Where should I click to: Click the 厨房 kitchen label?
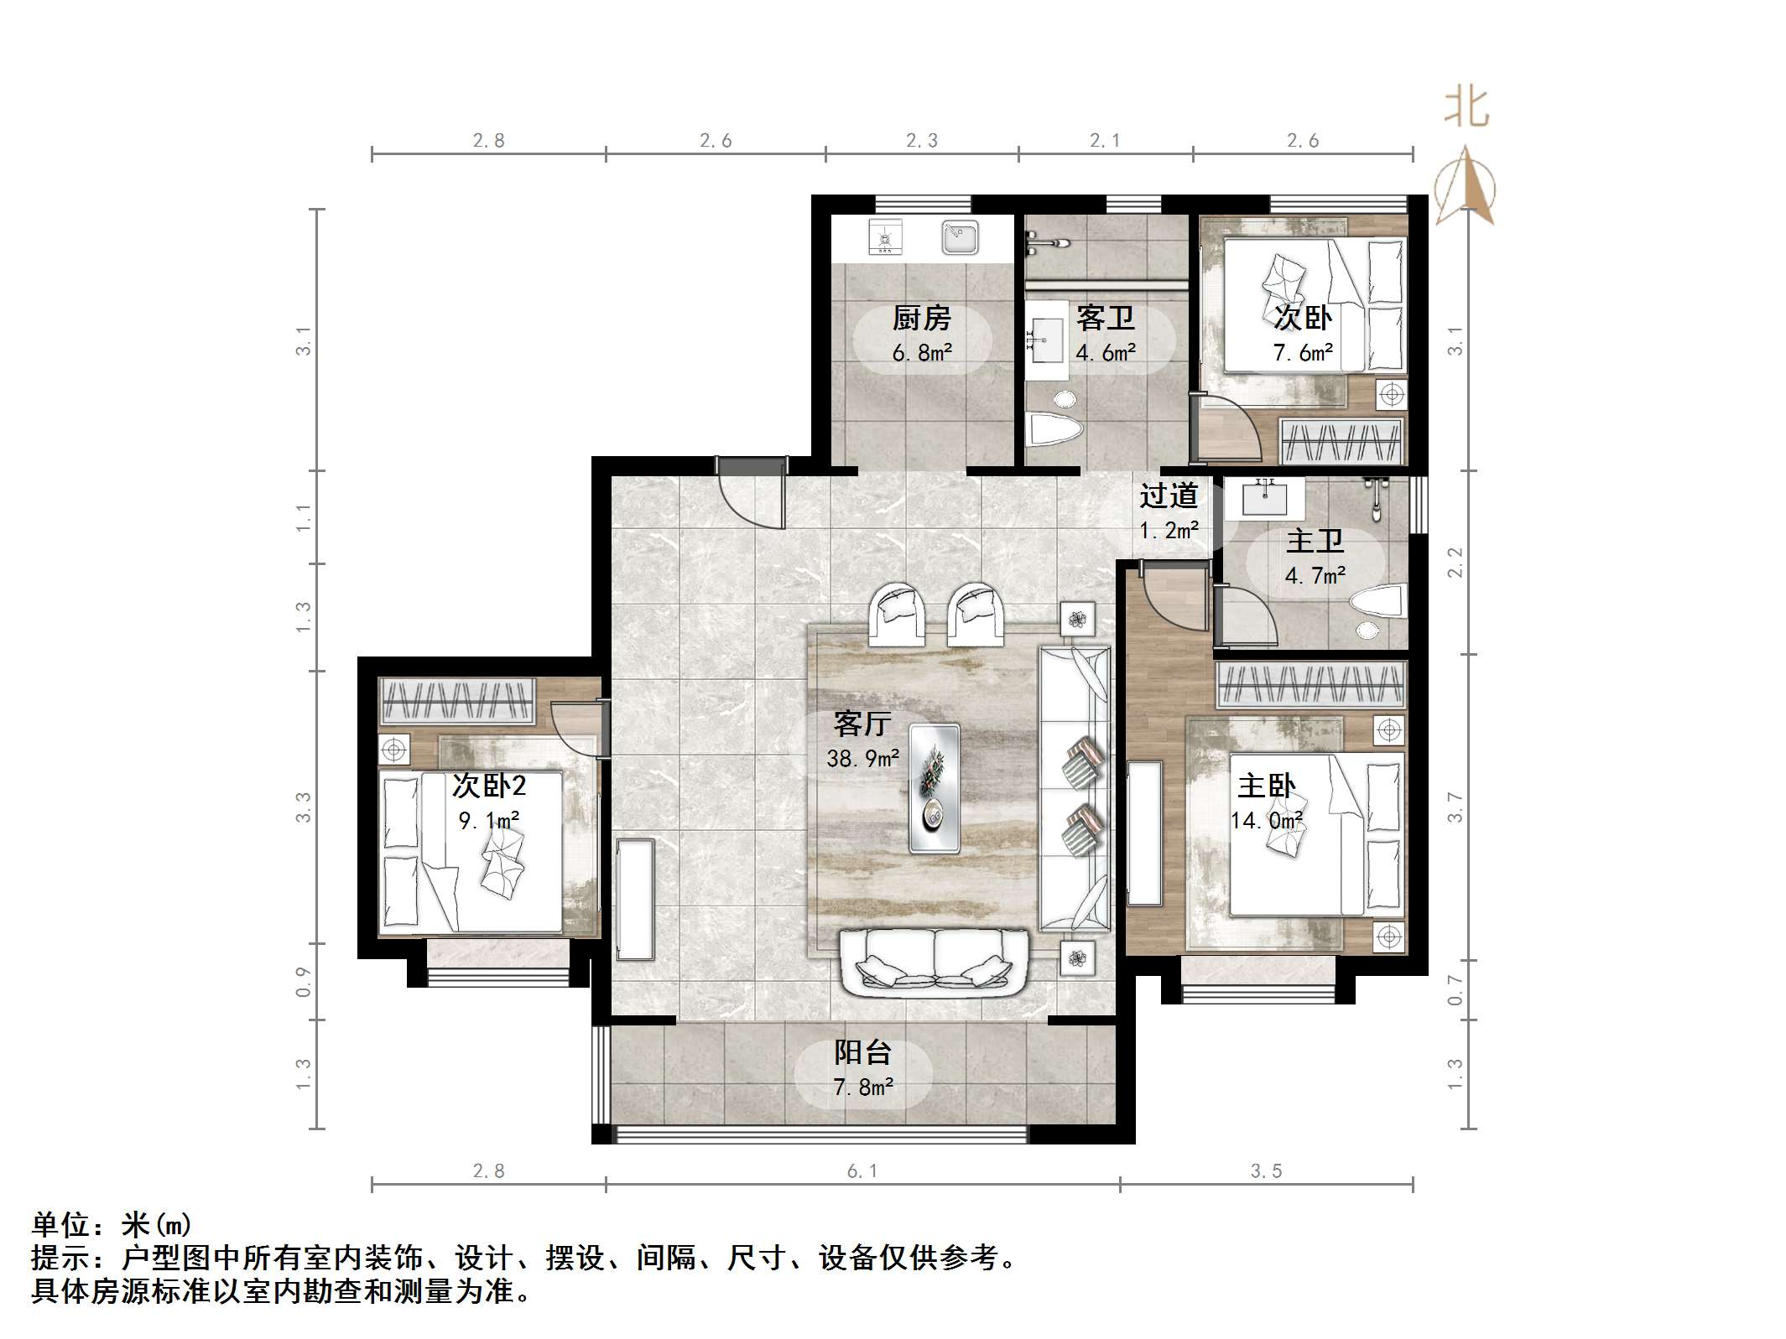pos(922,319)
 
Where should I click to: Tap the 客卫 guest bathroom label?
pos(1106,319)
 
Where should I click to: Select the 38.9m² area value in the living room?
pos(862,759)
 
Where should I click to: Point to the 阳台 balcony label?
pos(862,1052)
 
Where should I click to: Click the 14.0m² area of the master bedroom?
pos(1267,820)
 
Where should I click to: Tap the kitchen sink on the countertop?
pos(960,237)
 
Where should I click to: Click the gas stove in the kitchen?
pos(885,237)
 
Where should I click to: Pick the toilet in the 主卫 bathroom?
pos(1376,604)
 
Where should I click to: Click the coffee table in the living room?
pos(935,788)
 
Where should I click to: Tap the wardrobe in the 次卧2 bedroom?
pos(458,701)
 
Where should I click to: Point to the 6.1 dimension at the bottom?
pos(862,1171)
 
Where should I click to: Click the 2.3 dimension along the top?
pos(922,141)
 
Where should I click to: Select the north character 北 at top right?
pos(1466,108)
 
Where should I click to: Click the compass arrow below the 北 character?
pos(1466,186)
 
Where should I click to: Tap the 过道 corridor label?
pos(1169,496)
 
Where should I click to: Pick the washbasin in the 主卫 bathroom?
pos(1264,499)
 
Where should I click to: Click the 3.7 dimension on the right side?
pos(1455,807)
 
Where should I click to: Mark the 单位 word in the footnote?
pos(61,1225)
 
